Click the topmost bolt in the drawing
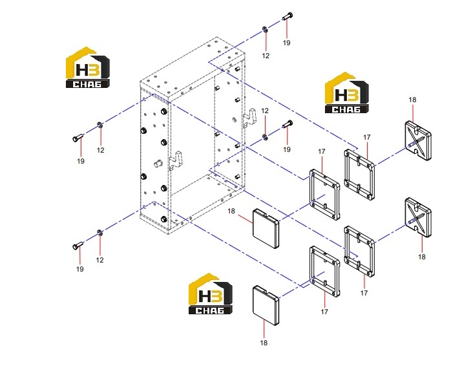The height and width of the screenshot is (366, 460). tap(287, 16)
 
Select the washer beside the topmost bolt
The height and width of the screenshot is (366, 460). tap(265, 29)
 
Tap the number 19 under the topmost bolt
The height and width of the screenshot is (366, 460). tap(287, 43)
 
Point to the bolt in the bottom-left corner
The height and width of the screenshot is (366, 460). tap(78, 246)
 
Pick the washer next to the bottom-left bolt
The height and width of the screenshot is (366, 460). tap(99, 233)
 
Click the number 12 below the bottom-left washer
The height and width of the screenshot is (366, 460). tap(99, 260)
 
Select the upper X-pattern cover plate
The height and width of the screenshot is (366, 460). tap(418, 141)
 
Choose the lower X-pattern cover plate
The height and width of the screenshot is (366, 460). tap(418, 217)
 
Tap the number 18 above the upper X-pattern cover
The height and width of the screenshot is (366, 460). tap(412, 100)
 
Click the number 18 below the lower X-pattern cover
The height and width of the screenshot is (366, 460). tap(422, 257)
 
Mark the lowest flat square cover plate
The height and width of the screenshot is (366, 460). tap(266, 305)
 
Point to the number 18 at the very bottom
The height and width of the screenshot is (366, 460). tap(264, 343)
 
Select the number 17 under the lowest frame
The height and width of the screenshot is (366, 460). tap(324, 312)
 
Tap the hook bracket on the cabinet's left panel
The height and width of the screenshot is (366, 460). tap(176, 160)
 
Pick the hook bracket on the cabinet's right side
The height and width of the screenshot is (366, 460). tap(249, 118)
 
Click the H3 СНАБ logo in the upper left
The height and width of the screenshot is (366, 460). tap(88, 67)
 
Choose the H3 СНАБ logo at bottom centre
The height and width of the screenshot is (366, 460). tap(211, 294)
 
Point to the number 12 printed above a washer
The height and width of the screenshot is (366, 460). tap(265, 111)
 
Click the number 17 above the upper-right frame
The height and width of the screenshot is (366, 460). tap(367, 138)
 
